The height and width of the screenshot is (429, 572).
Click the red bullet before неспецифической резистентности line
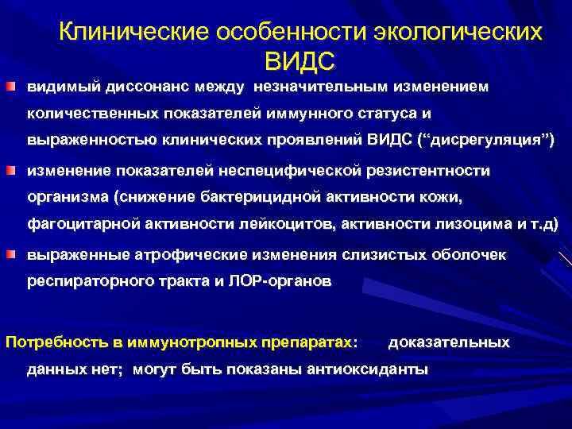(x=15, y=170)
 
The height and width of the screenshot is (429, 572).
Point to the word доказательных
(x=449, y=342)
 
